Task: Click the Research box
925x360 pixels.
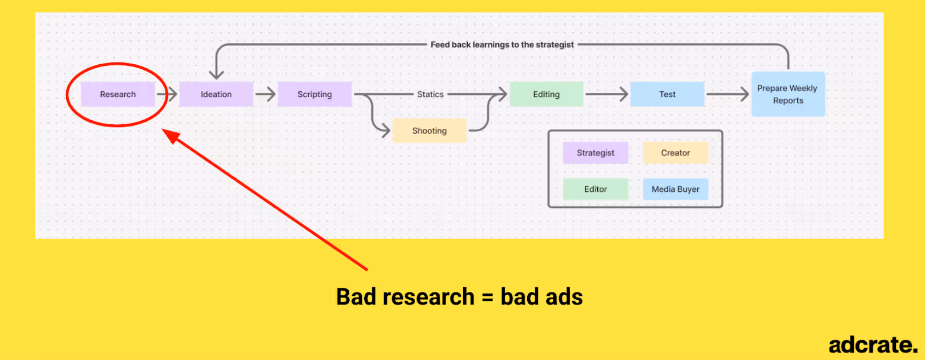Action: click(118, 94)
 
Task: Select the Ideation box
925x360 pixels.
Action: click(216, 94)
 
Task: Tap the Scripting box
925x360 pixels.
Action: click(314, 94)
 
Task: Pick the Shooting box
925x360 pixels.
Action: click(429, 131)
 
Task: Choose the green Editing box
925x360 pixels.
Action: click(546, 94)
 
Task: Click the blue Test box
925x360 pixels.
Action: click(667, 94)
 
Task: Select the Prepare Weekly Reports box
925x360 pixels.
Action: click(787, 94)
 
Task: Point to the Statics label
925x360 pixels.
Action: click(430, 94)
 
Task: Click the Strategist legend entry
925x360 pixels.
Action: click(595, 153)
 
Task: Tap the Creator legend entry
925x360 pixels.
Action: click(675, 153)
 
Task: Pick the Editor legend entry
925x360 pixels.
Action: click(595, 189)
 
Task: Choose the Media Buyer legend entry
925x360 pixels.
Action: click(675, 189)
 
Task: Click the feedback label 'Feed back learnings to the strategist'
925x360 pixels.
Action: click(502, 44)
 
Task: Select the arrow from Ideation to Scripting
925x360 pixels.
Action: click(265, 94)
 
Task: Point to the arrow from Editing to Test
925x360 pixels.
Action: click(606, 94)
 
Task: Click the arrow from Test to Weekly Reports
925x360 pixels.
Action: click(728, 94)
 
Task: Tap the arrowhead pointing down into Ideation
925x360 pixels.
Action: click(216, 74)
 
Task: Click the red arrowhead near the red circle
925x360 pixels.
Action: click(170, 136)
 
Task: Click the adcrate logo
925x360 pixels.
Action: click(872, 345)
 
